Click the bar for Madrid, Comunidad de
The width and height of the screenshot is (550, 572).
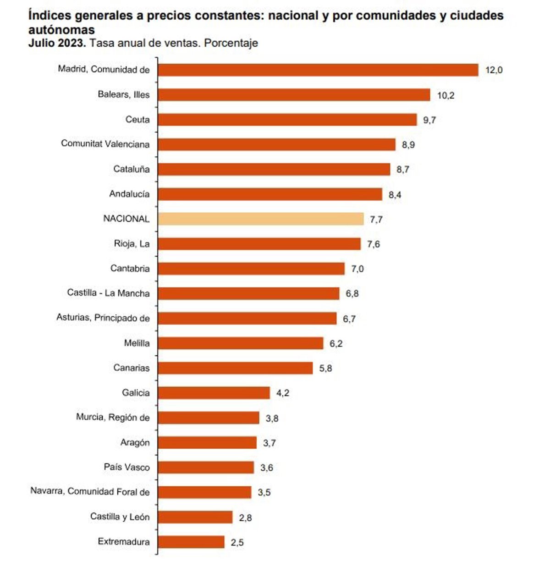[318, 70]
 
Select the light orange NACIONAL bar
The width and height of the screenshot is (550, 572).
[260, 219]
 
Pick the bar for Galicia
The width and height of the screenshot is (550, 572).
[214, 393]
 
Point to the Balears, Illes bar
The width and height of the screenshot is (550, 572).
[294, 95]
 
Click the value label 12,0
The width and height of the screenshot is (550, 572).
[494, 70]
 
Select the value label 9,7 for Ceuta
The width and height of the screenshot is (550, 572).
[429, 120]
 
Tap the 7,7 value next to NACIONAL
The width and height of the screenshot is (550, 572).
[376, 220]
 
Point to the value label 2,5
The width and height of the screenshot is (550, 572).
[237, 543]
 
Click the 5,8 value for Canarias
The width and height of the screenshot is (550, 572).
[325, 368]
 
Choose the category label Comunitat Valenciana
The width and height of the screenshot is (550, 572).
[105, 144]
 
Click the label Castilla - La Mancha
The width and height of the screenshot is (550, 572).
[108, 293]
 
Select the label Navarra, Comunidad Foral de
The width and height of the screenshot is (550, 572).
[90, 491]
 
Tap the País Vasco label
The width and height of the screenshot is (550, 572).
[126, 467]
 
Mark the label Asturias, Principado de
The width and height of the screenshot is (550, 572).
[103, 318]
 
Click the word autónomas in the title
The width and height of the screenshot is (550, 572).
[61, 30]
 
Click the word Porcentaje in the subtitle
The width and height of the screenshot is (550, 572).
[231, 43]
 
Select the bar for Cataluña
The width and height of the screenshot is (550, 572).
[274, 169]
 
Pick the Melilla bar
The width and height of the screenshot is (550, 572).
[240, 343]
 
